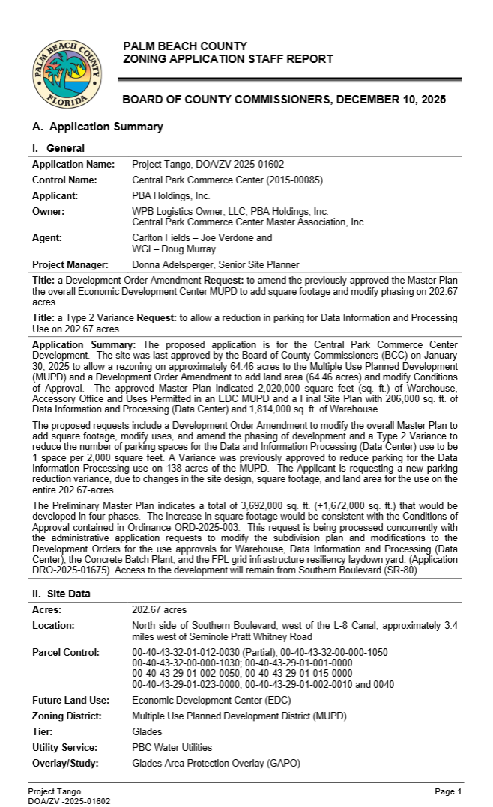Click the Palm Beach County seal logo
pos(67,75)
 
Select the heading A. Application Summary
pos(97,127)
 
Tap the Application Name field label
pos(73,164)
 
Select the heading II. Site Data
pos(62,594)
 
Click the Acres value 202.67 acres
pos(159,610)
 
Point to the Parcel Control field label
pos(66,652)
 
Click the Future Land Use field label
pos(70,700)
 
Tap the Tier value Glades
pos(146,731)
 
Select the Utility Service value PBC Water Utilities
pos(172,747)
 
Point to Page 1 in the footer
pos(448,791)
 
